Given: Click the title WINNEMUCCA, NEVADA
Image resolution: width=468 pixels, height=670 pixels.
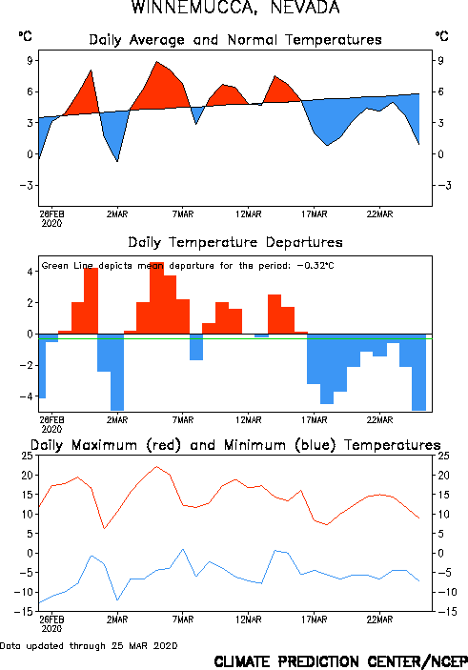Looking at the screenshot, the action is click(235, 8).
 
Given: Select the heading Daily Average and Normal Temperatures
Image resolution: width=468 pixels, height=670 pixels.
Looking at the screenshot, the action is click(235, 40).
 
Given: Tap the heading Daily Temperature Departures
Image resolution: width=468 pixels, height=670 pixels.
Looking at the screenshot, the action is click(235, 242).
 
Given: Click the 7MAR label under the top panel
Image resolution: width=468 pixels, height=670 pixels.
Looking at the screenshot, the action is click(183, 214).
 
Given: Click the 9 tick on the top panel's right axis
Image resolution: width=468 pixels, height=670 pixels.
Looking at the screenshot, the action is click(440, 60).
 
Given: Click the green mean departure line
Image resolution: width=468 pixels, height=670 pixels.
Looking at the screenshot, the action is click(235, 339).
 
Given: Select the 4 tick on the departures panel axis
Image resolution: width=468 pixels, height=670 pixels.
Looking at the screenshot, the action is click(30, 272).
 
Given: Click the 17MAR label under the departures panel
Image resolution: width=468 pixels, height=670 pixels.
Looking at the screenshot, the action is click(315, 420).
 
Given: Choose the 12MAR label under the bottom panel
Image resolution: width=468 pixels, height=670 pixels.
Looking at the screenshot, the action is click(249, 619).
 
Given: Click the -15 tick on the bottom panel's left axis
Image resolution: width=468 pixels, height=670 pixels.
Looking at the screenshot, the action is click(23, 612).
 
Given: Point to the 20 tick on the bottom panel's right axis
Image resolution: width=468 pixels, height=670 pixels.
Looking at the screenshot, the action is click(443, 476).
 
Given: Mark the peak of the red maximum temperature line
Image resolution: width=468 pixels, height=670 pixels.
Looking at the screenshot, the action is click(156, 466).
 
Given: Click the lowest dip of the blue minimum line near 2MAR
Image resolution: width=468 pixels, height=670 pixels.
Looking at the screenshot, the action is click(117, 599).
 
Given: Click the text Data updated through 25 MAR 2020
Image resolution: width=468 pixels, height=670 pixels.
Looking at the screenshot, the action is click(89, 645).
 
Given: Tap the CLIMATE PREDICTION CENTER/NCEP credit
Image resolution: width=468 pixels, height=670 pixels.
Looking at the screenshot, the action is click(340, 661).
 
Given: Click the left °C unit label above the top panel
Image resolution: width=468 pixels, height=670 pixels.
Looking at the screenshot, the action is click(25, 36).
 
